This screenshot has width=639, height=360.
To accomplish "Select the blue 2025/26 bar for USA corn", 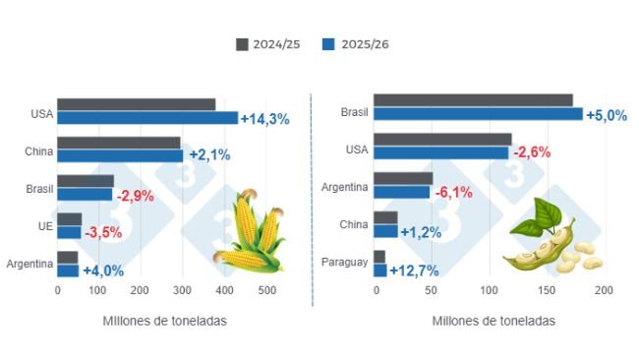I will point(147,118).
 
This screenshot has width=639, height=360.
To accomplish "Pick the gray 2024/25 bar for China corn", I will point(119,143).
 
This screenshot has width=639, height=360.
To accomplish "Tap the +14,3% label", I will point(264,119).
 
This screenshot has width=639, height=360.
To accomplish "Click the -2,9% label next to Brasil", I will point(136,195).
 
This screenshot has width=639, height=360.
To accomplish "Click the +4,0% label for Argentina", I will point(103,270).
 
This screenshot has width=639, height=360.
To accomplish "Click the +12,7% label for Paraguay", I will point(414,270).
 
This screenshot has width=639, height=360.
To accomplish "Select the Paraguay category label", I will point(345,263).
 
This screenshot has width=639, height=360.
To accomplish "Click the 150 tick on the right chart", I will point(548,291).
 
